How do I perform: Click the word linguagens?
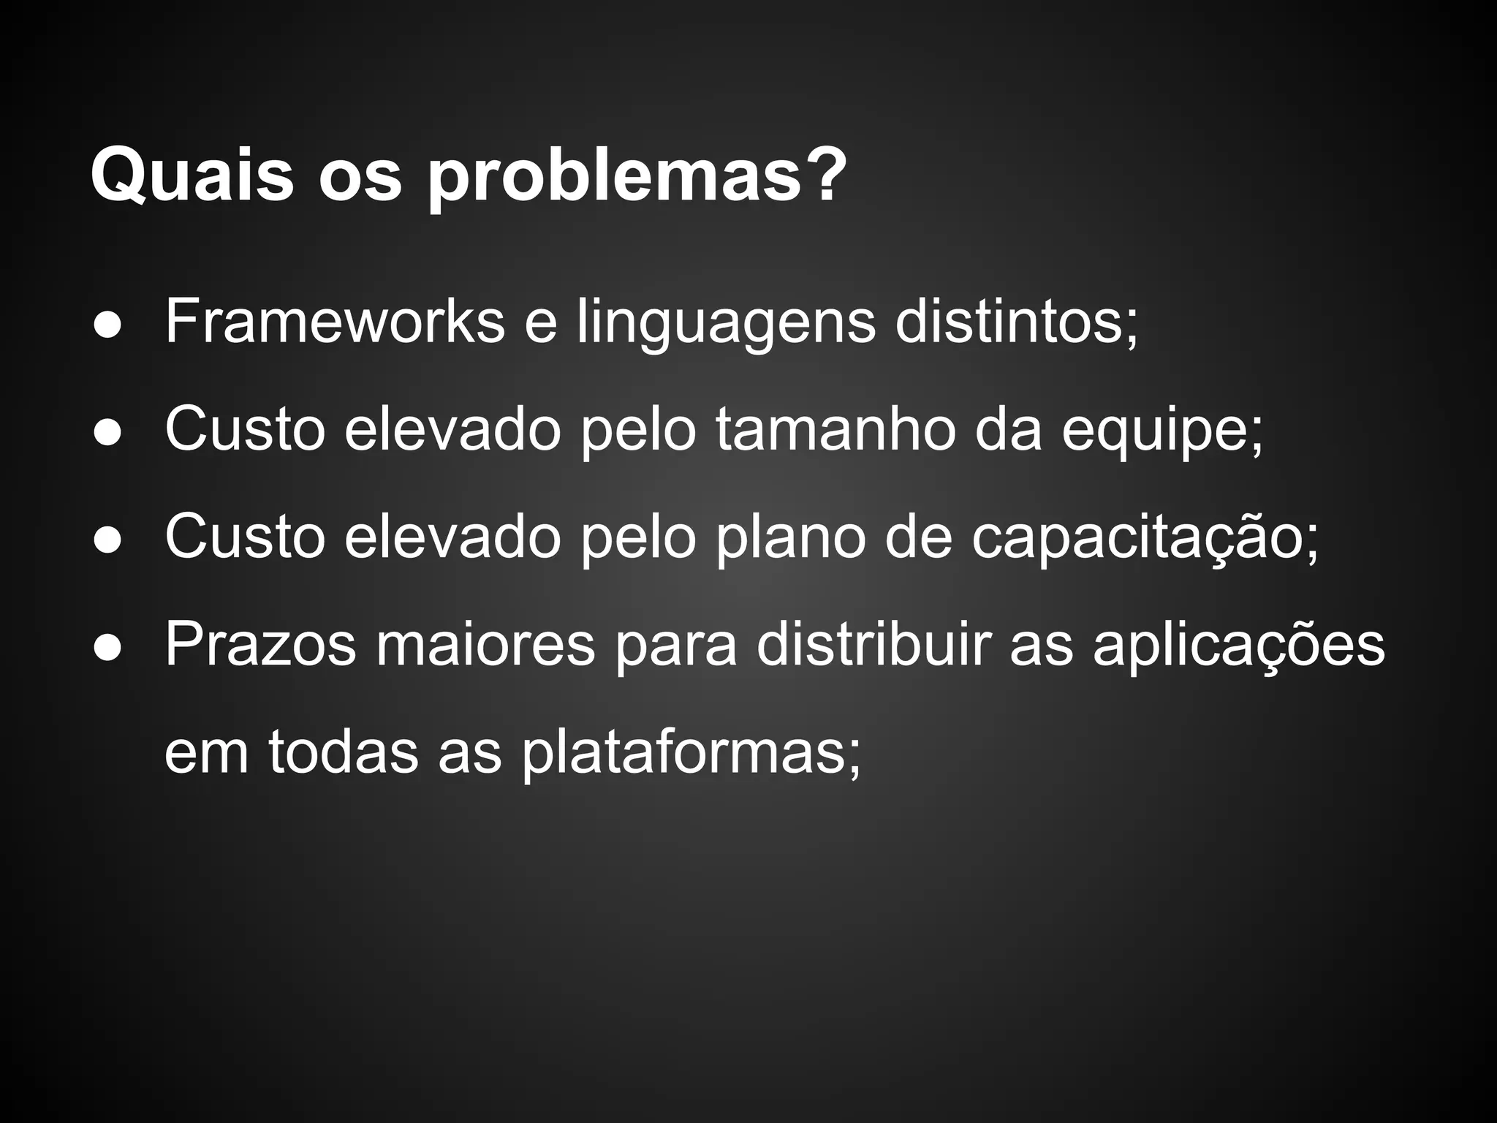[726, 322]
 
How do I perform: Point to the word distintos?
[1017, 322]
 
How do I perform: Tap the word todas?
[343, 752]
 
